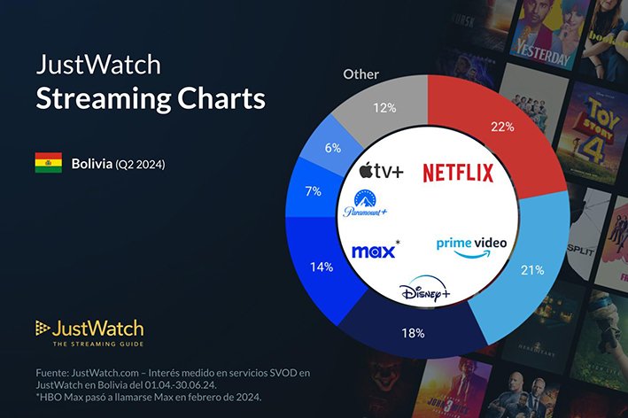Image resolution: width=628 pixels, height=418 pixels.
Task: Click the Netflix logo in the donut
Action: [457, 172]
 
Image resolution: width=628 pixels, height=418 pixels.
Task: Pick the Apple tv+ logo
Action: [382, 169]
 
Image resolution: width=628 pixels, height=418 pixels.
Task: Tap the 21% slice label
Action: [531, 270]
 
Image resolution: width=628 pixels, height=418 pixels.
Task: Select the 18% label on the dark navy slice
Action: [414, 334]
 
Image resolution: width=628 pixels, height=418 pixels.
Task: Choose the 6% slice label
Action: [333, 148]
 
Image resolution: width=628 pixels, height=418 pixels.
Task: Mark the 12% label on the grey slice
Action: [385, 107]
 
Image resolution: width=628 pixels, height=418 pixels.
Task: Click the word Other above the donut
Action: [361, 74]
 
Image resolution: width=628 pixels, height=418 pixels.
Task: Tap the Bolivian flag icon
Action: [48, 163]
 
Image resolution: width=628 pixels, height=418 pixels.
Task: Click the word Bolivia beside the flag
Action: [92, 164]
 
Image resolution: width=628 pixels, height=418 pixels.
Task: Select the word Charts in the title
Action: [222, 97]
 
